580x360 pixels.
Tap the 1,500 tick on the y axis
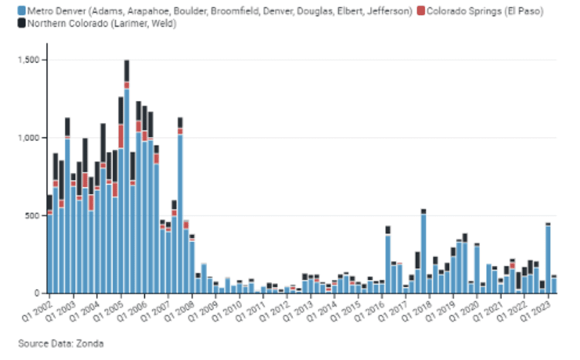click(29, 60)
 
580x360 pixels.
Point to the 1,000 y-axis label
click(29, 138)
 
